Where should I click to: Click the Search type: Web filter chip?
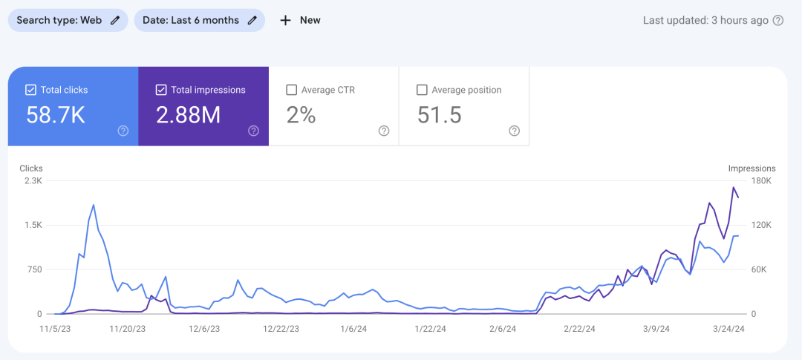click(x=68, y=21)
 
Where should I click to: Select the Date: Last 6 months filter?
click(x=200, y=21)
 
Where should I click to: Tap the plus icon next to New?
click(x=285, y=21)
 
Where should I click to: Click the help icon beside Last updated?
click(x=778, y=21)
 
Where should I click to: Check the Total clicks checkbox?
click(x=30, y=90)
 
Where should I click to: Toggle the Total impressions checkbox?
click(x=160, y=90)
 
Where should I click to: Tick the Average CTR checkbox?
click(x=291, y=90)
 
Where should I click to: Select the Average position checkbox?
click(x=422, y=90)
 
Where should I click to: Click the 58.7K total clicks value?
click(x=55, y=115)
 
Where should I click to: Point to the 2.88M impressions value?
click(x=188, y=115)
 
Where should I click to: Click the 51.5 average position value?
click(x=440, y=115)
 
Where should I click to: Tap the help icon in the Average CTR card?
click(x=384, y=131)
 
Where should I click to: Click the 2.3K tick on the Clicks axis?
click(x=31, y=181)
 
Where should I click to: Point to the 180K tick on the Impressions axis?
click(x=760, y=181)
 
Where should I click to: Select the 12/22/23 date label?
click(x=281, y=329)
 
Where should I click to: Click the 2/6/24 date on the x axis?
click(x=503, y=329)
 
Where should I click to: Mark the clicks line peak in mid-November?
click(x=94, y=205)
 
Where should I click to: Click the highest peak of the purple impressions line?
click(x=734, y=187)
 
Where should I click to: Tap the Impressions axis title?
click(x=752, y=168)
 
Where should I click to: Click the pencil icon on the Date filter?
click(x=252, y=21)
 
